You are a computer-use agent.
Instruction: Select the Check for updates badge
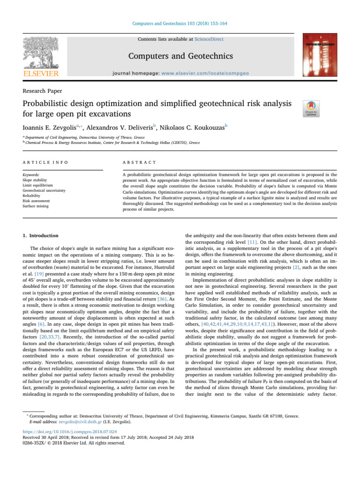click(312, 107)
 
